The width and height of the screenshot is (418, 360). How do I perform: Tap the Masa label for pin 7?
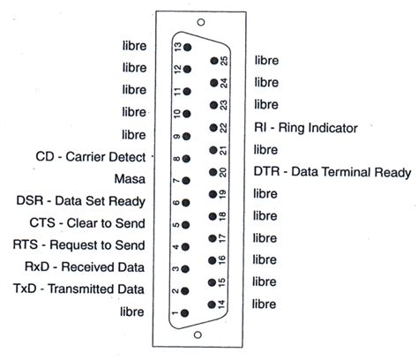(131, 179)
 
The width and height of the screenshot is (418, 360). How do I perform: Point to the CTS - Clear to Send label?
(87, 223)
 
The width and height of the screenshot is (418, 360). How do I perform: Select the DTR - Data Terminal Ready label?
(332, 172)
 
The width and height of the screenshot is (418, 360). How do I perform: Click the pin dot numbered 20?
(213, 172)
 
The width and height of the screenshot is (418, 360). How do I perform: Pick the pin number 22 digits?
(224, 127)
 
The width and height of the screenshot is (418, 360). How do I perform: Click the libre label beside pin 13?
(135, 45)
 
